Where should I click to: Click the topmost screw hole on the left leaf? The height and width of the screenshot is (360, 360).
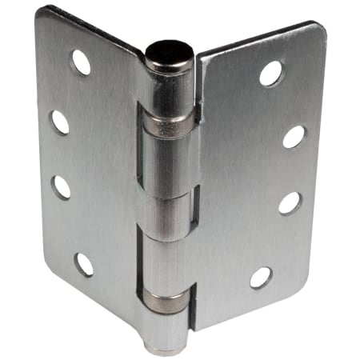click(80, 62)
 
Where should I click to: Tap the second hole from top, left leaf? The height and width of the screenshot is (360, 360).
click(60, 122)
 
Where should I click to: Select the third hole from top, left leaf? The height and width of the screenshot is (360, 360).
click(62, 187)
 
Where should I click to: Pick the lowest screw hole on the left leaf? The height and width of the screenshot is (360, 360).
click(83, 264)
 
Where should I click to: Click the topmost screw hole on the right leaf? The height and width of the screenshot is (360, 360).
click(271, 74)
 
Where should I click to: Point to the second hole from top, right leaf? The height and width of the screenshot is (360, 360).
click(294, 136)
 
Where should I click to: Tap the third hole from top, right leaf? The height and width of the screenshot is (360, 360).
click(290, 202)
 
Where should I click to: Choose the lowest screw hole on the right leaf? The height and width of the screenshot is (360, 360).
click(261, 277)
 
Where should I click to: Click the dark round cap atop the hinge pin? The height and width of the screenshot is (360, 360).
click(170, 54)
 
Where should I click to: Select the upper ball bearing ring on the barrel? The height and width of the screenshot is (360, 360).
click(169, 123)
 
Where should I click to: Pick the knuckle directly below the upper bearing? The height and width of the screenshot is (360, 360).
click(167, 164)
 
